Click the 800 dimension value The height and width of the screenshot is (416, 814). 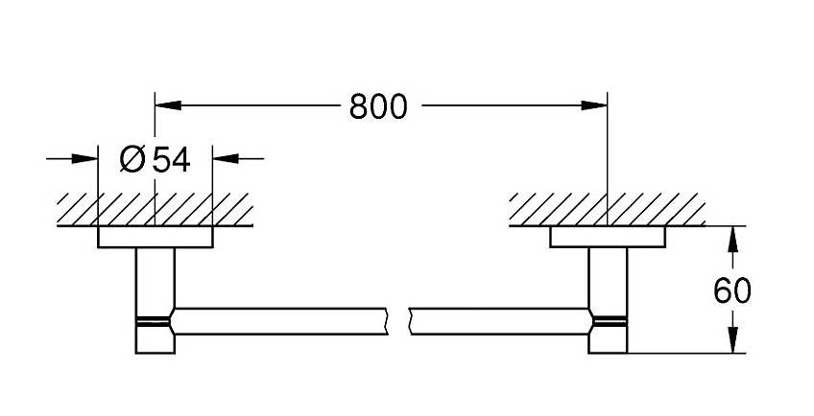click(378, 106)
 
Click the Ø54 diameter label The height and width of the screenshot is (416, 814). click(156, 159)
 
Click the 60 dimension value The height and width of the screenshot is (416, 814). click(732, 291)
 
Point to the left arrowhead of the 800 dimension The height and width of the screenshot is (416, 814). click(168, 105)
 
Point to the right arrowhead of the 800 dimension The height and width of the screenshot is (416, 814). click(594, 105)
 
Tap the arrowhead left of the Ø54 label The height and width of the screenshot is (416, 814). click(84, 158)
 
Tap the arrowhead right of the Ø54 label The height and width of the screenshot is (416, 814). click(226, 158)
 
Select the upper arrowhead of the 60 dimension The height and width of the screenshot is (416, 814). click(732, 240)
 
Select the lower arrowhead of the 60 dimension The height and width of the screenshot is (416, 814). click(732, 339)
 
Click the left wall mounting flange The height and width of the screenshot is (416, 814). click(156, 237)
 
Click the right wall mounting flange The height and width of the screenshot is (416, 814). click(608, 237)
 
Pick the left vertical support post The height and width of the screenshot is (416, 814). click(156, 300)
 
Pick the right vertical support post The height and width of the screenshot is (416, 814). click(608, 300)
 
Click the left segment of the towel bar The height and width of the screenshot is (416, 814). click(279, 321)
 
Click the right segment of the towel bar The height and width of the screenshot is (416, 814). click(501, 321)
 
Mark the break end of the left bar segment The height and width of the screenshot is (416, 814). click(387, 321)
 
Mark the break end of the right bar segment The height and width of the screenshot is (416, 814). click(410, 321)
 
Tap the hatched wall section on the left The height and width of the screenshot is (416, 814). click(155, 209)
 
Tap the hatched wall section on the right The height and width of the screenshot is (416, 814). click(607, 209)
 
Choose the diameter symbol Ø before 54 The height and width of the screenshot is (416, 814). click(132, 159)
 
